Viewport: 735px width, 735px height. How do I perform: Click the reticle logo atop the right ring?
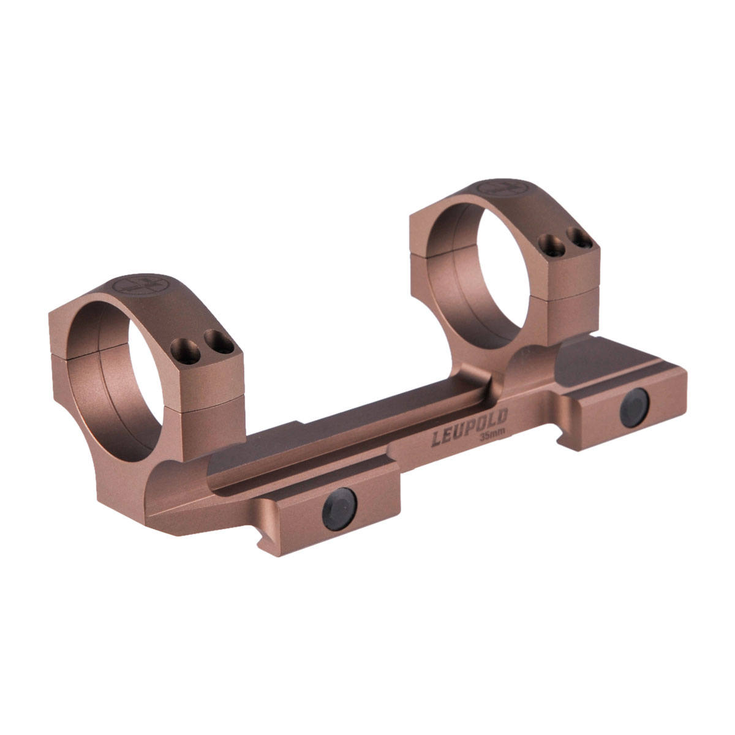[502, 187]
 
